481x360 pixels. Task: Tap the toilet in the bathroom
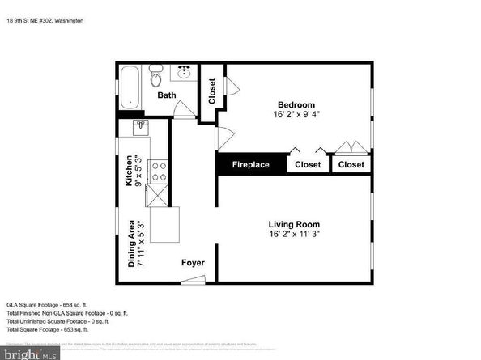click(158, 78)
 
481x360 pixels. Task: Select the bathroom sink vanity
click(184, 75)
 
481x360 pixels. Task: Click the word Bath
click(166, 95)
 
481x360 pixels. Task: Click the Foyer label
click(193, 264)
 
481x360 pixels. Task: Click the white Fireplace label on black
click(251, 164)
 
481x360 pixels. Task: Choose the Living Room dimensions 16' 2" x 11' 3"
click(294, 235)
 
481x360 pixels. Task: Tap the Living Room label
click(294, 224)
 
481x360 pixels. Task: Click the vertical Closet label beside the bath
click(212, 93)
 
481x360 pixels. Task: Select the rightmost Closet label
click(351, 164)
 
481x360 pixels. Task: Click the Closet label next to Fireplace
click(308, 164)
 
